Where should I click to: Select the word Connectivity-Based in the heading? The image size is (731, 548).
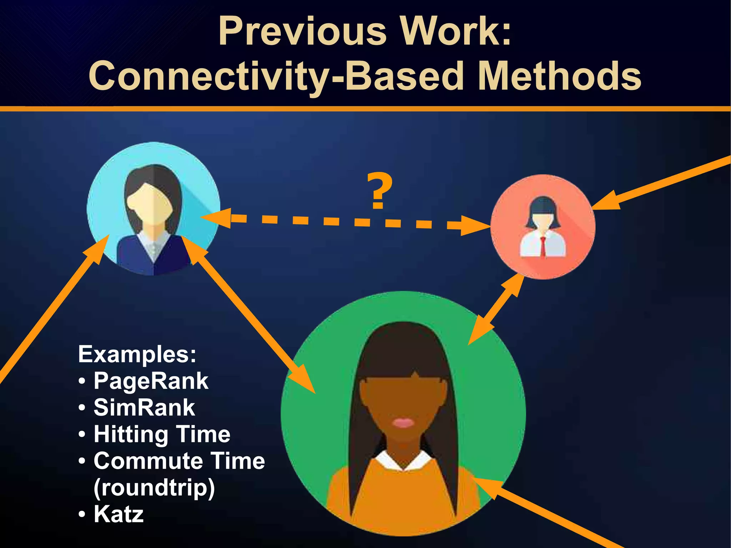[276, 76]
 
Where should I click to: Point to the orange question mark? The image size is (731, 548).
[379, 191]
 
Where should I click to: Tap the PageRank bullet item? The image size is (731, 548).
[151, 381]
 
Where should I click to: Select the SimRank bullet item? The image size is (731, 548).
[144, 407]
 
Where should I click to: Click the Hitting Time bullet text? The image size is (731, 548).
[162, 434]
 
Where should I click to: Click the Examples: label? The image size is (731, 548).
[137, 354]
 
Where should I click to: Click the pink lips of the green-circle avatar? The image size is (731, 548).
[403, 423]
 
